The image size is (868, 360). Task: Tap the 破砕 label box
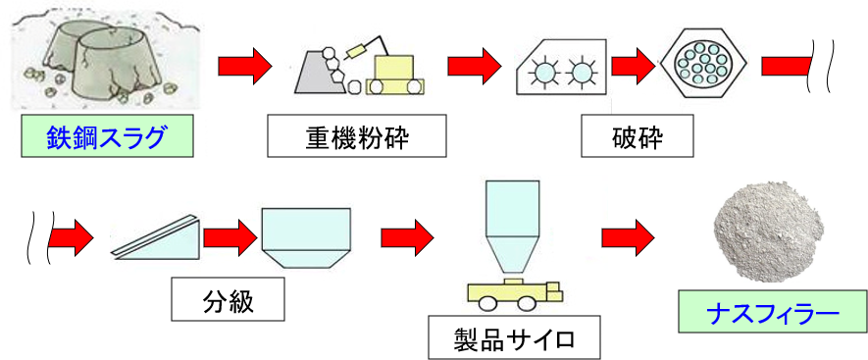coord(638,137)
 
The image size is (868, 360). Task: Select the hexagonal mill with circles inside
coord(705,67)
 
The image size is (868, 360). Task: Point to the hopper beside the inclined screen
coord(304,236)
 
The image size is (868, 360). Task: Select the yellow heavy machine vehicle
coord(396,74)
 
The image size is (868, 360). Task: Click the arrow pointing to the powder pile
coord(628,236)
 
